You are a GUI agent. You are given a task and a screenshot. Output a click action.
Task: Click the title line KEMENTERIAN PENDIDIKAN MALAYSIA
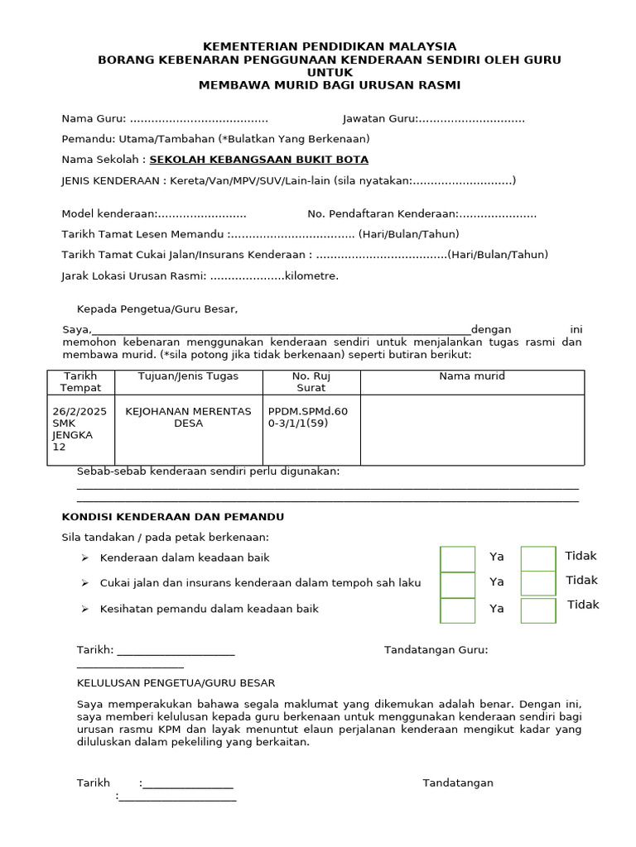(330, 46)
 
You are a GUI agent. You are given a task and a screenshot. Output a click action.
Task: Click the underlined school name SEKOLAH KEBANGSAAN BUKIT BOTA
(258, 160)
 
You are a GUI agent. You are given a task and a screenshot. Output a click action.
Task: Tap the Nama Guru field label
(94, 118)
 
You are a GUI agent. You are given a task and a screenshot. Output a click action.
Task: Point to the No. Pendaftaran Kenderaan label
(382, 213)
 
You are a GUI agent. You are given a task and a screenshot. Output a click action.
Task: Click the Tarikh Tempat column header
(80, 381)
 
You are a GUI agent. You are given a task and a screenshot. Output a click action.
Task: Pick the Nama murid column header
(472, 376)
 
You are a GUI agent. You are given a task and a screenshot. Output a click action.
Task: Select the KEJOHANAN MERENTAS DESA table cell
(188, 417)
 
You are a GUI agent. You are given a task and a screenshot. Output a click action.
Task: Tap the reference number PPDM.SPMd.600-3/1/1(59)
(308, 417)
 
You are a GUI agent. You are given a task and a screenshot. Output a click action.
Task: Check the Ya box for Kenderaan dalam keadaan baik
(458, 558)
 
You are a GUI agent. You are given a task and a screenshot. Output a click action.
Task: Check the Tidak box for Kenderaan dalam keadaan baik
(537, 558)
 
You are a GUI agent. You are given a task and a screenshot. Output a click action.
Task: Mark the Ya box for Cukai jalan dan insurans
(458, 584)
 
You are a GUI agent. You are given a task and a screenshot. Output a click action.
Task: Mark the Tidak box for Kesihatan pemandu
(537, 610)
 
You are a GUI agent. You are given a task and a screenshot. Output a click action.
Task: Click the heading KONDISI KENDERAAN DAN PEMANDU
(173, 516)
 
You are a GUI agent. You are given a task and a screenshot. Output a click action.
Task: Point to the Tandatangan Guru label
(436, 650)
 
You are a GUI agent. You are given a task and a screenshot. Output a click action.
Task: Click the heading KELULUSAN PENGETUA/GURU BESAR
(176, 683)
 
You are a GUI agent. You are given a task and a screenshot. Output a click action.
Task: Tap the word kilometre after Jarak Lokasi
(311, 275)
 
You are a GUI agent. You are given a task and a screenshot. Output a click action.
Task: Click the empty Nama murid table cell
(472, 430)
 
